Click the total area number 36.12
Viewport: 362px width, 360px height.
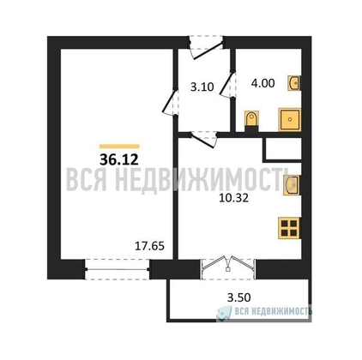pyautogui.click(x=119, y=159)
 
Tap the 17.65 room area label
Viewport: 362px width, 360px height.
pyautogui.click(x=149, y=246)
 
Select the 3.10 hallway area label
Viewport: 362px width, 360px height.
pyautogui.click(x=202, y=87)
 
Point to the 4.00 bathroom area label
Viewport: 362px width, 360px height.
pyautogui.click(x=262, y=83)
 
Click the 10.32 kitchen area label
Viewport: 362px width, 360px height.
pyautogui.click(x=233, y=198)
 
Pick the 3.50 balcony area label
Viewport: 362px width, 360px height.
pyautogui.click(x=238, y=297)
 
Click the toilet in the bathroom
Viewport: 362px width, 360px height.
pyautogui.click(x=251, y=122)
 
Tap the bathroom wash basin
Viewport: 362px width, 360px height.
pyautogui.click(x=294, y=83)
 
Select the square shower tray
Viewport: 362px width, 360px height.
pyautogui.click(x=290, y=120)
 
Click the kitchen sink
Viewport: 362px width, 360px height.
pyautogui.click(x=293, y=185)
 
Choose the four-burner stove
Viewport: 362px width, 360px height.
pyautogui.click(x=290, y=228)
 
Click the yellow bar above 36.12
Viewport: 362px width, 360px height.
pyautogui.click(x=119, y=147)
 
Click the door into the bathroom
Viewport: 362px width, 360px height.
pyautogui.click(x=228, y=85)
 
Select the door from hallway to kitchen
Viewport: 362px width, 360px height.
pyautogui.click(x=202, y=139)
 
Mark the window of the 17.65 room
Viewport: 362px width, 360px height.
pyautogui.click(x=117, y=269)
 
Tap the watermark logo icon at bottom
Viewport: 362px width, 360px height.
pyautogui.click(x=224, y=312)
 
